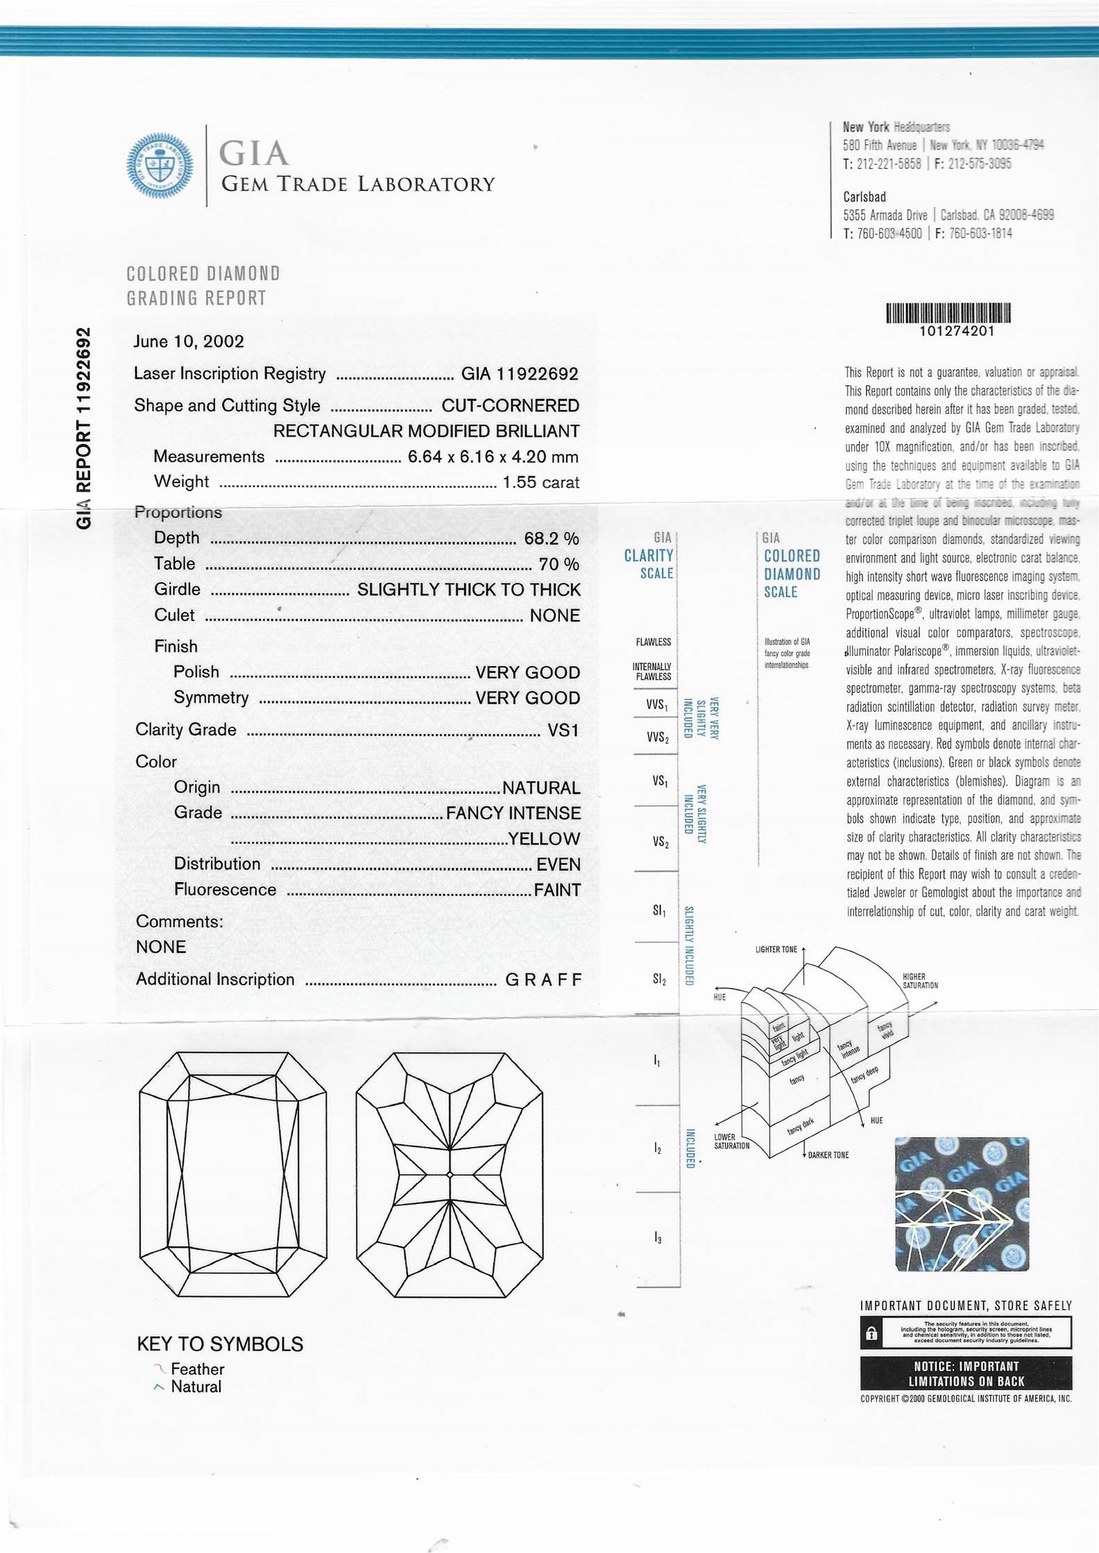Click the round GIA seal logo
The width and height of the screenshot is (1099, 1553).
[x=159, y=166]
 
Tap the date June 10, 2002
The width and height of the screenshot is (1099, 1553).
[x=189, y=341]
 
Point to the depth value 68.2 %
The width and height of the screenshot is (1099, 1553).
[x=552, y=538]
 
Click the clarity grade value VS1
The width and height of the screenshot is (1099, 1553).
[x=563, y=730]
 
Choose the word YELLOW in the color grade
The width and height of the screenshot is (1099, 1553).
[x=544, y=839]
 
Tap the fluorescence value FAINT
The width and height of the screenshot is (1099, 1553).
[x=557, y=890]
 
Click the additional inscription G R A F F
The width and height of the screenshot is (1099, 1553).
[x=543, y=980]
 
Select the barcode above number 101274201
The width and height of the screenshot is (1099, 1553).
[x=948, y=313]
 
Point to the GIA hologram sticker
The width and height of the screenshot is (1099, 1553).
[x=962, y=1205]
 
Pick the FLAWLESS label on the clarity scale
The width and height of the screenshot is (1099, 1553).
[x=653, y=642]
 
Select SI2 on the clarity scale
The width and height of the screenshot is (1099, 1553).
[x=658, y=979]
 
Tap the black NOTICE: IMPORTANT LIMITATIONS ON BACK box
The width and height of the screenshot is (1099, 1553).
[x=966, y=1373]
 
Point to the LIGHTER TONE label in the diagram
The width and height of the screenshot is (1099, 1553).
[x=776, y=949]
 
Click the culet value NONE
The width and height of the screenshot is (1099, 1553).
[x=554, y=616]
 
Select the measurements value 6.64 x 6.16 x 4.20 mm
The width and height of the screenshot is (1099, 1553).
[x=493, y=457]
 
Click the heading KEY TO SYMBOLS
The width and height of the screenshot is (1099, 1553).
[x=220, y=1344]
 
